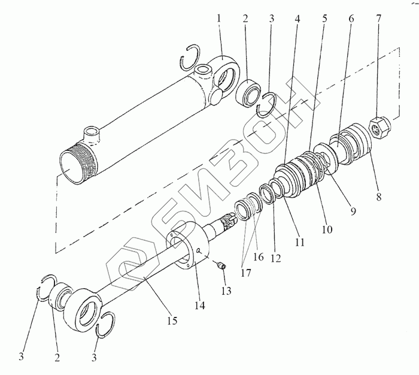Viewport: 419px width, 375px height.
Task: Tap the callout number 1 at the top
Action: [x=220, y=19]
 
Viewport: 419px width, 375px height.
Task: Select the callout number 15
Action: [x=172, y=320]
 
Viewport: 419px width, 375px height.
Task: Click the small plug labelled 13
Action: [x=221, y=265]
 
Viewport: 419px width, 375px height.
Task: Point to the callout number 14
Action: [x=200, y=305]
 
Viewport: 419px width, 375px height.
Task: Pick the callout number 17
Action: [x=246, y=273]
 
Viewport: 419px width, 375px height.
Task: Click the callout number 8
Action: [x=379, y=197]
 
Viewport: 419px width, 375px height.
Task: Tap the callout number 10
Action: [x=327, y=229]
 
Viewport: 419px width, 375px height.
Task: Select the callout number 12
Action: [x=276, y=258]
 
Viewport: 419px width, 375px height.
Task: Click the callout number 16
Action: [x=259, y=257]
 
